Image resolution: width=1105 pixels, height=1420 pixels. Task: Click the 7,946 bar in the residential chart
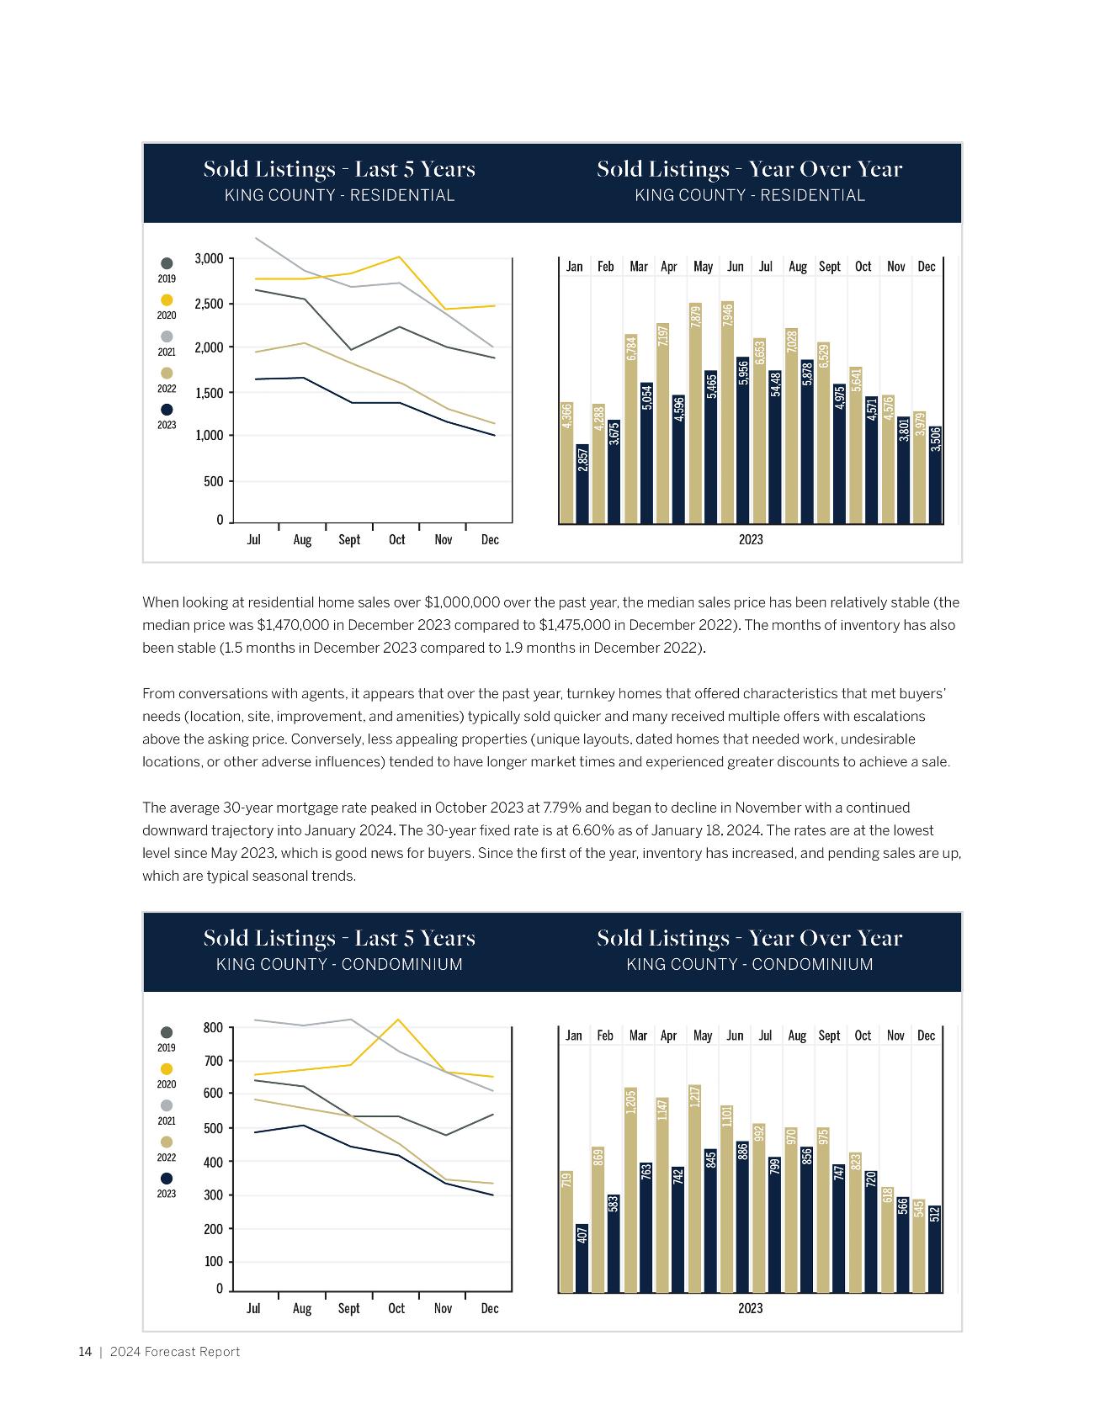tap(728, 412)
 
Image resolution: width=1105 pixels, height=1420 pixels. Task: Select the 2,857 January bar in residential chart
tap(582, 483)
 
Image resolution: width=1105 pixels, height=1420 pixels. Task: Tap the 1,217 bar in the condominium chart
tap(695, 1188)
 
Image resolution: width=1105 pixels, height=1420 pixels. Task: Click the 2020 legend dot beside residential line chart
tap(167, 300)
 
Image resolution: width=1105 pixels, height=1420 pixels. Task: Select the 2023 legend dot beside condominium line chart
tap(167, 1179)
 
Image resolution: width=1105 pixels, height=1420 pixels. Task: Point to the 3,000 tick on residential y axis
tap(209, 258)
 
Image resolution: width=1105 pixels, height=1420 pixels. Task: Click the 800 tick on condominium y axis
tap(213, 1027)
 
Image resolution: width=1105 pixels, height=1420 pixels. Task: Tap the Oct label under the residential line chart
tap(396, 539)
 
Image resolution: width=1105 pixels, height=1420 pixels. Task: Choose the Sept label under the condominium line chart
tap(348, 1308)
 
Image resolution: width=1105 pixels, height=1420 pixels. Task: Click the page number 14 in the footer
tap(85, 1352)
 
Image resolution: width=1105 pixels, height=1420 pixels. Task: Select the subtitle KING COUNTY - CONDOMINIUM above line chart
tap(339, 964)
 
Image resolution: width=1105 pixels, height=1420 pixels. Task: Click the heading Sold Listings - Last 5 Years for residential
tap(339, 169)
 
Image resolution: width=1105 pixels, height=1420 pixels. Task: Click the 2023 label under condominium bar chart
tap(750, 1308)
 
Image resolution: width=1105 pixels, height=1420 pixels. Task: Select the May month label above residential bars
tap(703, 267)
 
